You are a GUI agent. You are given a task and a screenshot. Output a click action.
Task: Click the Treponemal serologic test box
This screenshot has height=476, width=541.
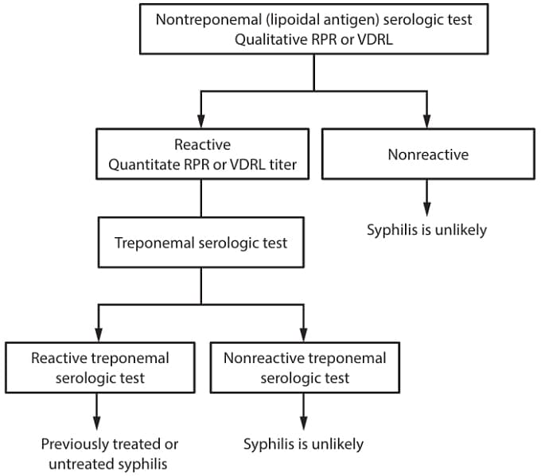(x=200, y=243)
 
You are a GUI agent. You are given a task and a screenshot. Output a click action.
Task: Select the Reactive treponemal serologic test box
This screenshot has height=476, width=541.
(x=99, y=368)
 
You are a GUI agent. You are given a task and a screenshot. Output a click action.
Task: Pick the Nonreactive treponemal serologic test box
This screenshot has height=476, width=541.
(x=304, y=368)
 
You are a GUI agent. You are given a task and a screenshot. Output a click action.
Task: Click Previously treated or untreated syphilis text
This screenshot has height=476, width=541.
(x=109, y=454)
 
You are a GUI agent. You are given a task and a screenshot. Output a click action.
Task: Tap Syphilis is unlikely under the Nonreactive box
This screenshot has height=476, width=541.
(x=426, y=231)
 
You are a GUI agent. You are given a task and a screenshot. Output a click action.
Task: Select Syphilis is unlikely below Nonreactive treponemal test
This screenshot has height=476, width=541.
(x=303, y=444)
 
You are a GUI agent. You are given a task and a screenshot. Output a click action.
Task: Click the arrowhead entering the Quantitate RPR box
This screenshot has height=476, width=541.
(x=200, y=121)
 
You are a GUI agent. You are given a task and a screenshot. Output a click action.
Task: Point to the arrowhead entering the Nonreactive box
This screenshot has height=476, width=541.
(x=428, y=121)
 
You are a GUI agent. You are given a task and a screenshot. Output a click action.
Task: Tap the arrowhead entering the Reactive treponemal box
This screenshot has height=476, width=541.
(x=97, y=334)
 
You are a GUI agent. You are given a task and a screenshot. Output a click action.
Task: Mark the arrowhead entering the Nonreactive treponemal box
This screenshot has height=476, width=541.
(x=304, y=334)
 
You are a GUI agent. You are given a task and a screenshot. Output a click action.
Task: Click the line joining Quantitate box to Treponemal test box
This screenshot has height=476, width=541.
(x=200, y=199)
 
